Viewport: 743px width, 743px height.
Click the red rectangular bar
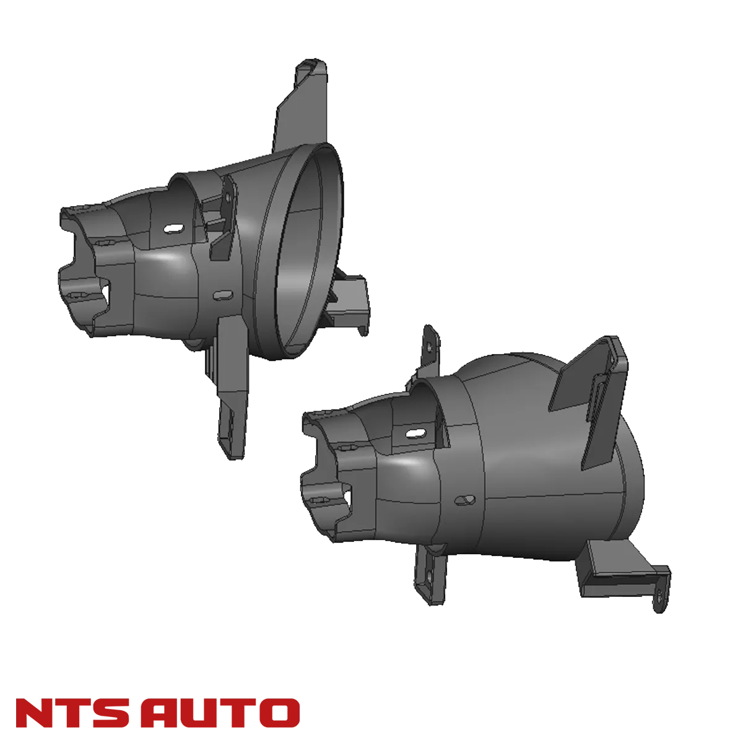point(158,713)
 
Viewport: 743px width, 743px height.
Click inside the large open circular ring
point(306,248)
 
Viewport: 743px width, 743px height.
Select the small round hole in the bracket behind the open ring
point(228,198)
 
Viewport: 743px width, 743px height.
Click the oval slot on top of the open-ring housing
point(174,229)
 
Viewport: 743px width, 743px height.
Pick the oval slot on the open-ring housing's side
point(220,295)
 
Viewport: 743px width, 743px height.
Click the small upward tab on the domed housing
point(430,347)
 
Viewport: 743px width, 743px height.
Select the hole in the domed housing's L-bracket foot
point(660,596)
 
